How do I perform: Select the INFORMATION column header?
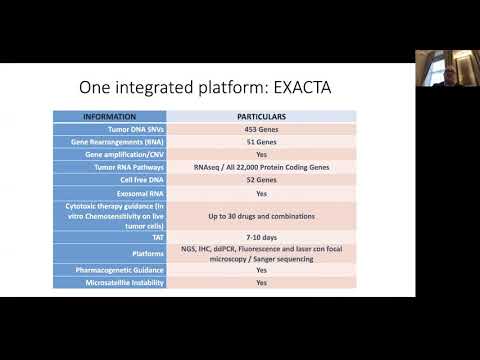121,117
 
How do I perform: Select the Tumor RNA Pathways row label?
125,168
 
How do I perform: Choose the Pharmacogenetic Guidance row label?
119,270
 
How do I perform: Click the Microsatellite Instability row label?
121,283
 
